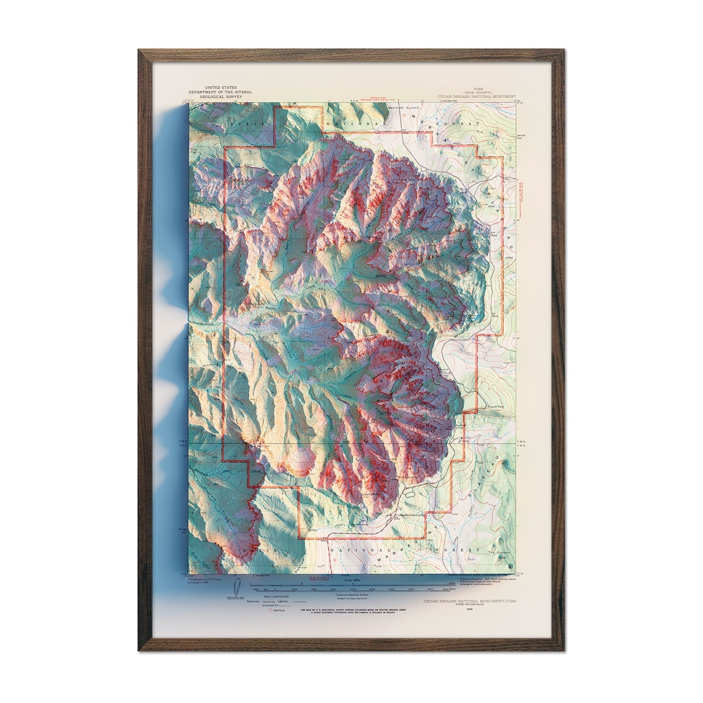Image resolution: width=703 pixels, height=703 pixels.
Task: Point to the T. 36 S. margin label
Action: tap(522, 442)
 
